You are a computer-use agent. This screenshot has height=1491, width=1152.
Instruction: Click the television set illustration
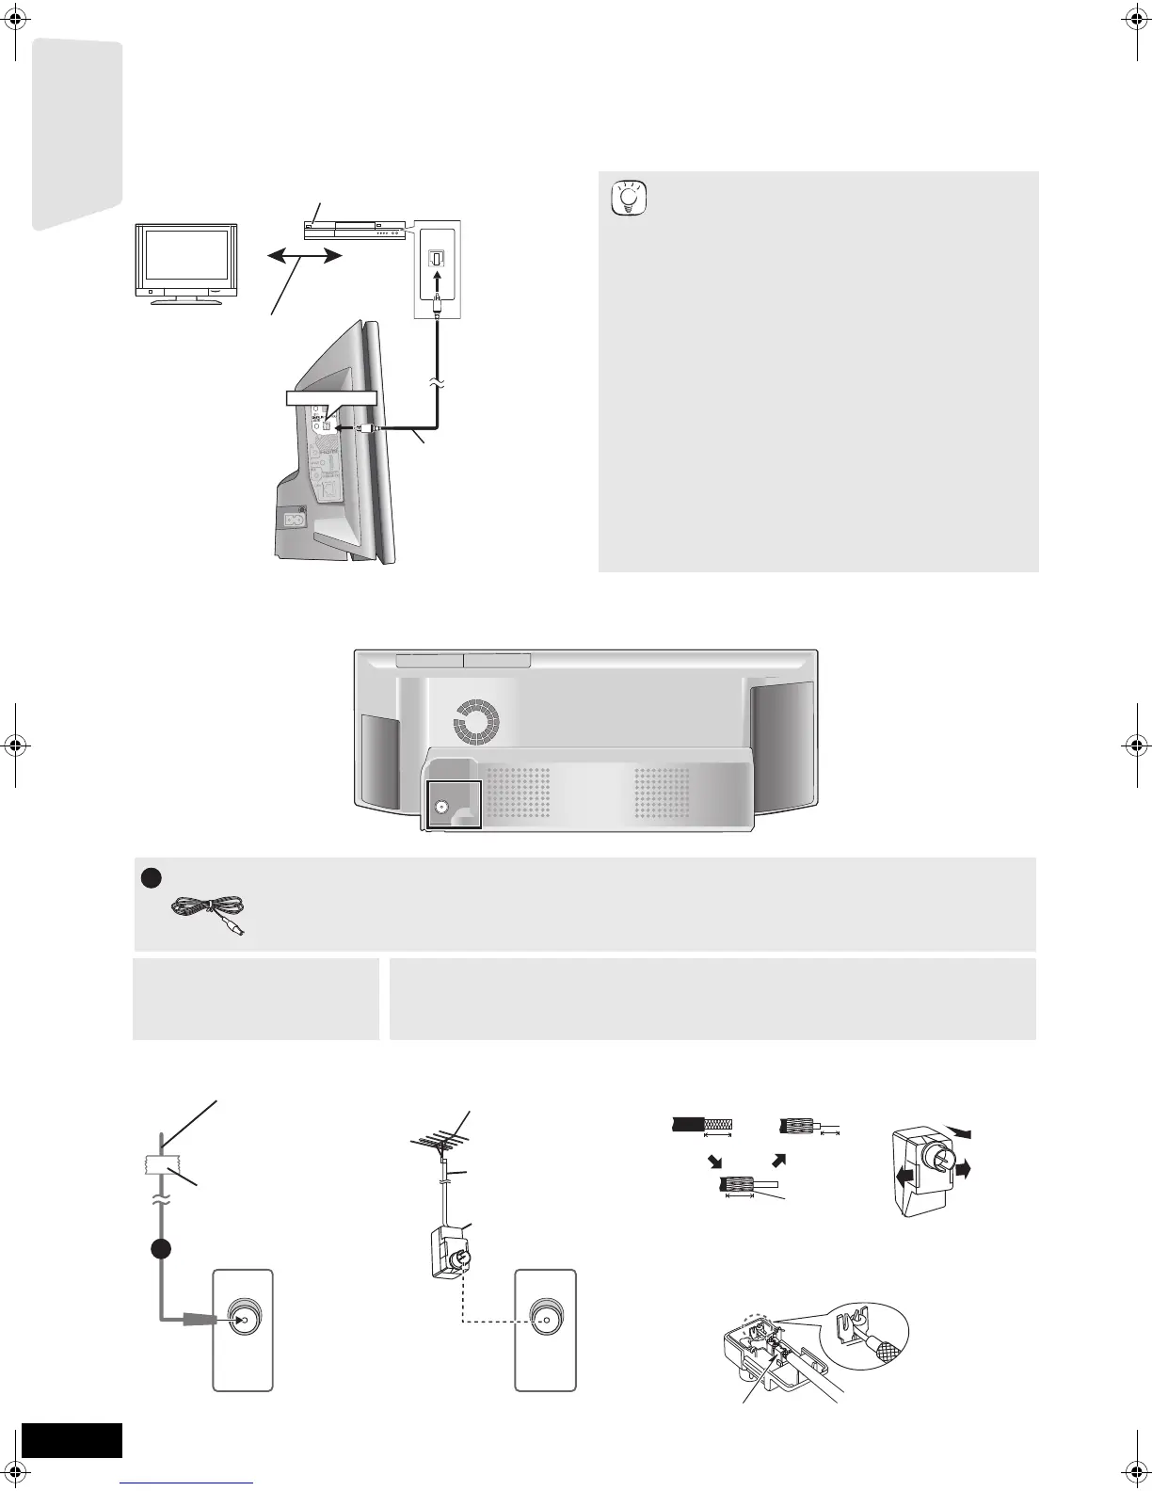click(x=184, y=261)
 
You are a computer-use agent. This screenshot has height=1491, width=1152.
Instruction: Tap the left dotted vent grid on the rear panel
click(x=519, y=791)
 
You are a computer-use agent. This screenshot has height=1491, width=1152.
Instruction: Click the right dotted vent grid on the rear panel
click(x=662, y=791)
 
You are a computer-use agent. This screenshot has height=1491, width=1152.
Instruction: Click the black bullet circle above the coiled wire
click(x=148, y=877)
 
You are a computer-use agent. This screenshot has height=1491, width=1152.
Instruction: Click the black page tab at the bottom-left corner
click(x=72, y=1440)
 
